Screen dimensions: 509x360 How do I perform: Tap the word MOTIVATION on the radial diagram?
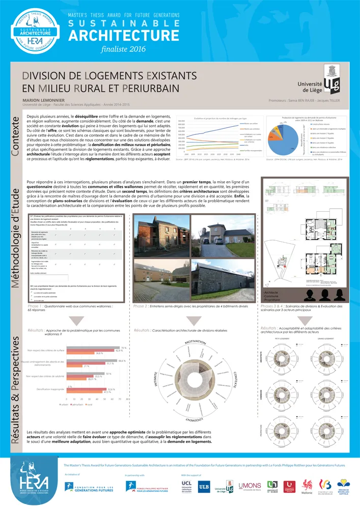(x=195, y=342)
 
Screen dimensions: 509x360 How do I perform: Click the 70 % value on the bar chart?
(x=123, y=348)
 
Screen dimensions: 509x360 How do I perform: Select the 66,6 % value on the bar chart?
(x=122, y=361)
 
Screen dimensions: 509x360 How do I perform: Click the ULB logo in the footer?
(x=203, y=487)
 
